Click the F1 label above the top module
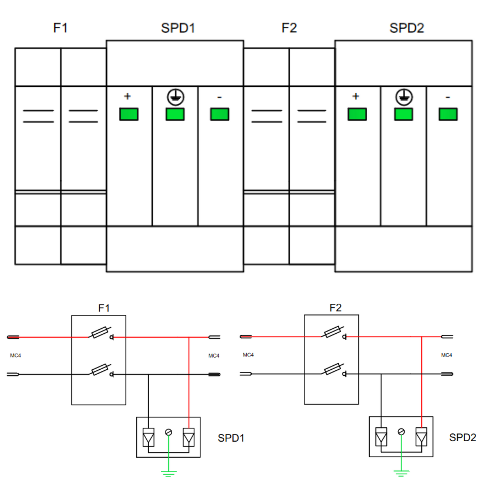(x=61, y=28)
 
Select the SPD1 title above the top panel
(x=178, y=28)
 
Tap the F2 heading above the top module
(x=289, y=28)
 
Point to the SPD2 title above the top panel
(x=407, y=28)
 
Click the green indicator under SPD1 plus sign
(x=129, y=114)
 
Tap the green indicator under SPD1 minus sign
(x=220, y=114)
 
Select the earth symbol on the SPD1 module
(x=176, y=97)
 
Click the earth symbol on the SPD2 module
(x=404, y=97)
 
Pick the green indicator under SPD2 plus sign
(x=357, y=114)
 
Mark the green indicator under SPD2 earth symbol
(x=404, y=114)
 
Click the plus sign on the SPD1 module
(x=127, y=97)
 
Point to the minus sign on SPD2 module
(x=448, y=98)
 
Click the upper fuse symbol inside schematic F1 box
(x=100, y=332)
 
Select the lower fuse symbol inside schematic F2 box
(x=333, y=369)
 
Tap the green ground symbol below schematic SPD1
(x=169, y=473)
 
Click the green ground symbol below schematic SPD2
(x=401, y=473)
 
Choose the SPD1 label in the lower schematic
(x=231, y=438)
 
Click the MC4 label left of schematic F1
(x=15, y=356)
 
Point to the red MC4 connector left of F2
(x=246, y=337)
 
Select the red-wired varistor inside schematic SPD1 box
(x=189, y=437)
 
